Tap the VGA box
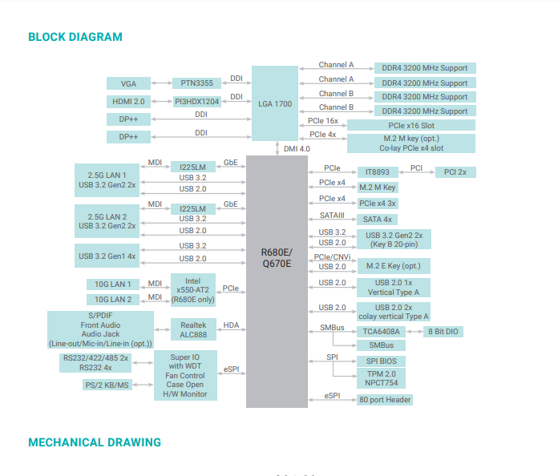pyautogui.click(x=128, y=83)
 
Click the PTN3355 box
pyautogui.click(x=196, y=83)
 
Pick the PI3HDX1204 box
pyautogui.click(x=196, y=102)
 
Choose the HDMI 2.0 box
pyautogui.click(x=128, y=102)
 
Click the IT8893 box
pyautogui.click(x=377, y=171)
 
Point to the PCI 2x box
pyautogui.click(x=455, y=171)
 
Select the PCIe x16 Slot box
pyautogui.click(x=410, y=126)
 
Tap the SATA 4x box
pyautogui.click(x=377, y=219)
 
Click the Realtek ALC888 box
pyautogui.click(x=193, y=329)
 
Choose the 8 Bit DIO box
pyautogui.click(x=444, y=331)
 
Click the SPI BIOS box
pyautogui.click(x=381, y=361)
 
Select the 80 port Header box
pyautogui.click(x=385, y=399)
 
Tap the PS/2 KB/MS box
pyautogui.click(x=107, y=385)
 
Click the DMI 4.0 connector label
pyautogui.click(x=296, y=149)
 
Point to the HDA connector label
pyautogui.click(x=231, y=325)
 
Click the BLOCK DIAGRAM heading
pyautogui.click(x=75, y=37)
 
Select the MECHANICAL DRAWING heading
pyautogui.click(x=95, y=442)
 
